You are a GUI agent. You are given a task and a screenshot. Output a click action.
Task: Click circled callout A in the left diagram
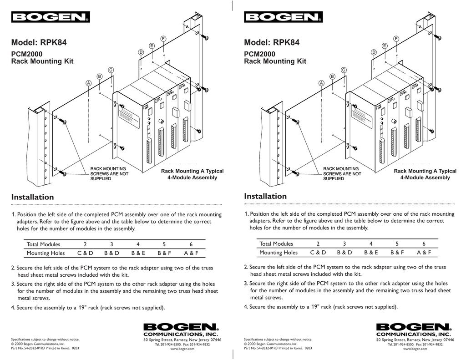click(x=89, y=83)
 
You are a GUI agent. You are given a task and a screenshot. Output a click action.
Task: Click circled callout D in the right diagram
click(x=374, y=52)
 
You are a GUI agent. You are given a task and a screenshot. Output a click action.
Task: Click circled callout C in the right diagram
click(x=344, y=70)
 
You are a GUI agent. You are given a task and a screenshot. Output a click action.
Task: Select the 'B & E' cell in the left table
click(x=138, y=253)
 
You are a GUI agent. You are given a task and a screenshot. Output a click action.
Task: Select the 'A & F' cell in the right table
click(x=424, y=252)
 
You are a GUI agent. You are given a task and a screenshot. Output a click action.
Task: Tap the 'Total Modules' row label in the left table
click(x=43, y=244)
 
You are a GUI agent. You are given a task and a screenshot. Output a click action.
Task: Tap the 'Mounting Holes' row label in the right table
click(x=279, y=252)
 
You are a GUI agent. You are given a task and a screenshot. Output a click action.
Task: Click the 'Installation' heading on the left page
click(x=32, y=197)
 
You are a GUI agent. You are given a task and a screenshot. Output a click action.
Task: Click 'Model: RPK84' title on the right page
click(x=272, y=43)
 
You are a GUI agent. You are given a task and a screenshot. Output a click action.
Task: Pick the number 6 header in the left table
click(x=191, y=244)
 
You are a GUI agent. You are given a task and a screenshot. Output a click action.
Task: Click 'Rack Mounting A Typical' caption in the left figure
click(x=192, y=171)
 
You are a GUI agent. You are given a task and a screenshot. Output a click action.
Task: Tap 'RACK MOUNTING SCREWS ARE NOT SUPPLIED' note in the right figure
click(x=342, y=174)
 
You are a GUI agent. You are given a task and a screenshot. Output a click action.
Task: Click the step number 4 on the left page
click(x=13, y=308)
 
